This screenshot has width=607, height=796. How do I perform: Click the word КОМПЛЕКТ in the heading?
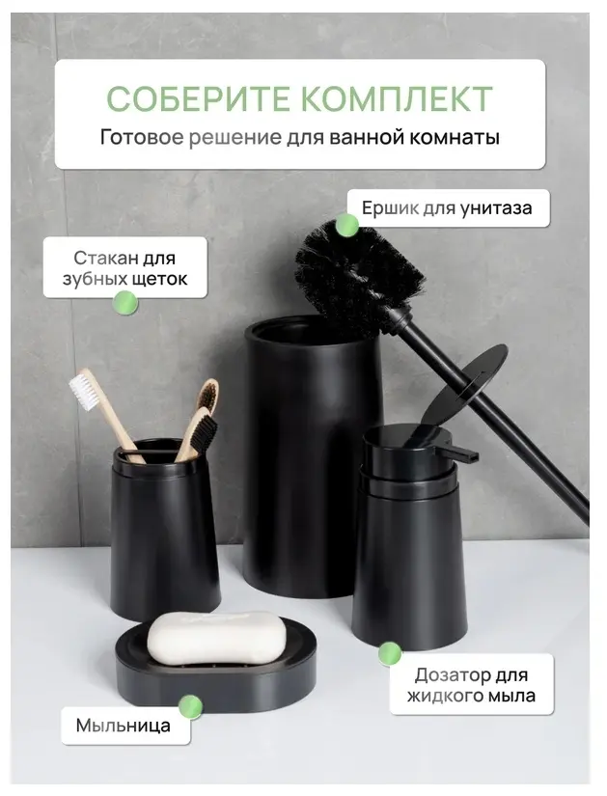391,98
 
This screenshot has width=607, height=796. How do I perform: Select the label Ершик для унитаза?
447,207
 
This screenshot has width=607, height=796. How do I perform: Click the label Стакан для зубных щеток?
124,268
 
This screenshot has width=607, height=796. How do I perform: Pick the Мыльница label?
124,726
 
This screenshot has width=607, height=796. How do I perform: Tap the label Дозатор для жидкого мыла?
471,685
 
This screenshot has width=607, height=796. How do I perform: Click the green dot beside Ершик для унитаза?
347,225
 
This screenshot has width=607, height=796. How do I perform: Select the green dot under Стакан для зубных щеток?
125,303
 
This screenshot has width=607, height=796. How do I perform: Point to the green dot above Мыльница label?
190,706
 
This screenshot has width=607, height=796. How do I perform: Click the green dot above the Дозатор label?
390,654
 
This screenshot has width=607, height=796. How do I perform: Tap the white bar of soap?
217,638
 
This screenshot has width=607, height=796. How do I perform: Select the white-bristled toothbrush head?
83,392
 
